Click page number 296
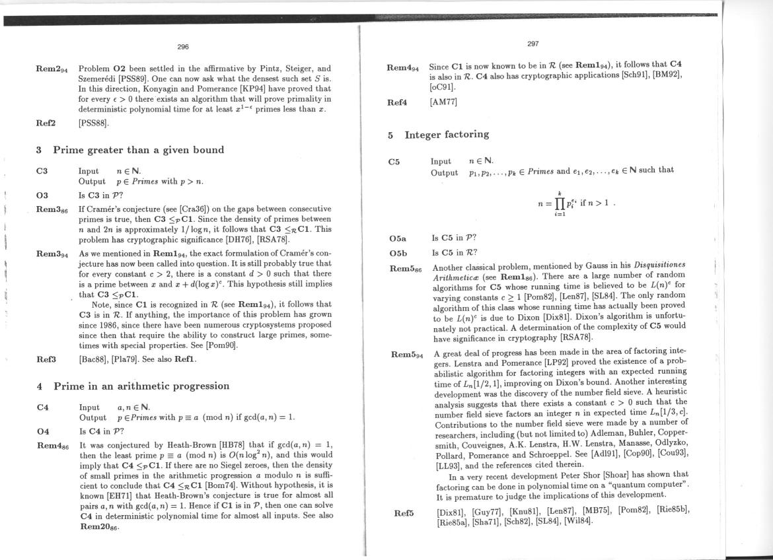click(x=183, y=47)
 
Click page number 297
click(x=533, y=44)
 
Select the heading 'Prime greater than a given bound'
click(x=138, y=150)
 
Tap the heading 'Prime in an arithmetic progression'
click(x=141, y=386)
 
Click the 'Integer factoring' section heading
click(x=447, y=135)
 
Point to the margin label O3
click(x=42, y=195)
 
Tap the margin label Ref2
click(x=46, y=123)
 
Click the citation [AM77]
click(x=444, y=102)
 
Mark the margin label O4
click(x=42, y=431)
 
